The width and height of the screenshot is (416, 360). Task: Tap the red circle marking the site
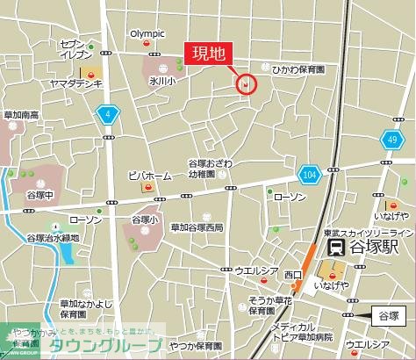pyautogui.click(x=247, y=84)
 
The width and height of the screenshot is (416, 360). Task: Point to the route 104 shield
pyautogui.click(x=308, y=174)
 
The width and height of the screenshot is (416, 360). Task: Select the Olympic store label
pyautogui.click(x=147, y=34)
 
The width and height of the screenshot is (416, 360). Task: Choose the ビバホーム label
pyautogui.click(x=147, y=175)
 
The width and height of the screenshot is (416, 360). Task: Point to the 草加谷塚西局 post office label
pyautogui.click(x=197, y=227)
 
